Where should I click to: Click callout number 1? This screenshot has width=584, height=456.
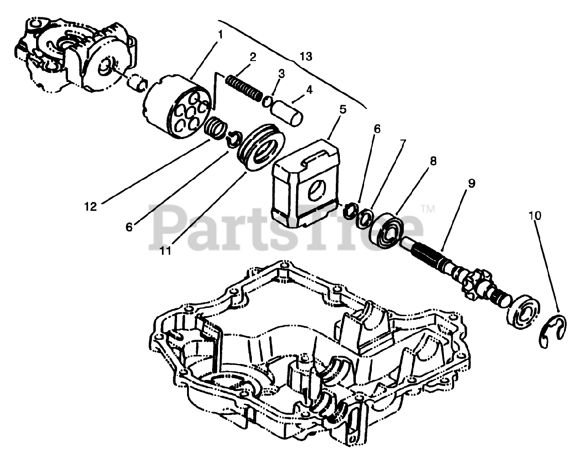(220, 35)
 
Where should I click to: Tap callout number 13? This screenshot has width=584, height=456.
(306, 56)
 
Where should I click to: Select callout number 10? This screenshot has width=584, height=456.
(535, 215)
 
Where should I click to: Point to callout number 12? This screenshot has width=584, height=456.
(90, 206)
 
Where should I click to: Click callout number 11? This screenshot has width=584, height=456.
(166, 250)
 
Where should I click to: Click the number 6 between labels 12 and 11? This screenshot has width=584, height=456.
(129, 226)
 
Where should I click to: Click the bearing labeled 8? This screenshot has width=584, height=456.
(387, 231)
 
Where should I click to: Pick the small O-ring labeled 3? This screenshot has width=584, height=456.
(268, 101)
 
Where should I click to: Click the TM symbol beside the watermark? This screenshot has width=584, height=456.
(428, 209)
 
